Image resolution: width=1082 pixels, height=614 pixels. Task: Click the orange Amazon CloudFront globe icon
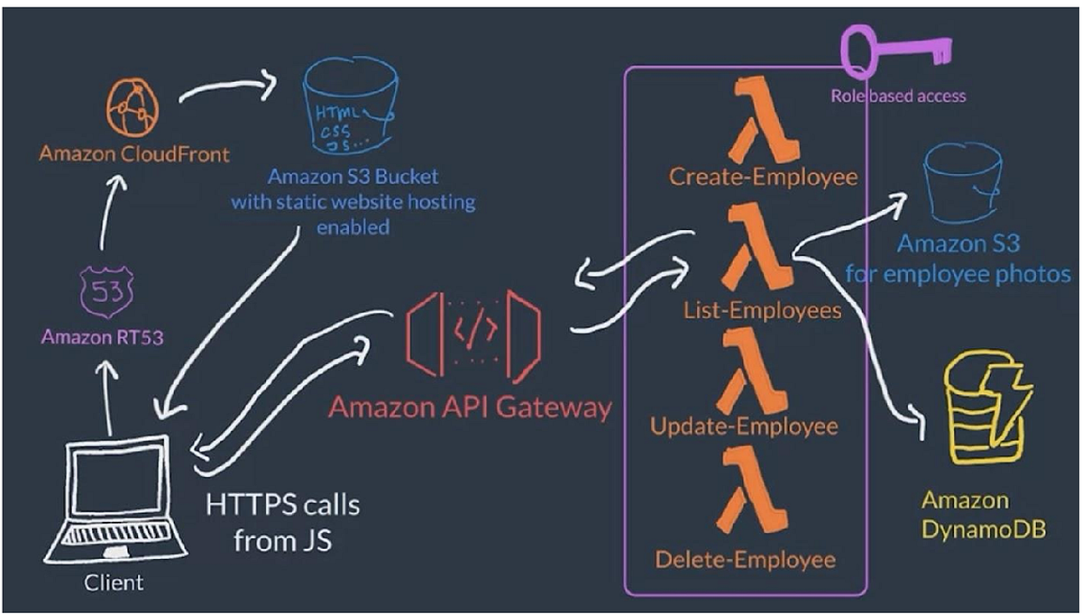pos(133,107)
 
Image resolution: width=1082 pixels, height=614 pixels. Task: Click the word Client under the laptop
pos(114,583)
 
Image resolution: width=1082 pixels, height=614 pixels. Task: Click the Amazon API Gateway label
pos(470,407)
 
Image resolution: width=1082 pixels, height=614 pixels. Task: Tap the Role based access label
pos(897,96)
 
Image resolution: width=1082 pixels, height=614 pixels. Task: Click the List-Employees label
pos(762,310)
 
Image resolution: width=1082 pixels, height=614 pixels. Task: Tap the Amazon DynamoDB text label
pos(984,514)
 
